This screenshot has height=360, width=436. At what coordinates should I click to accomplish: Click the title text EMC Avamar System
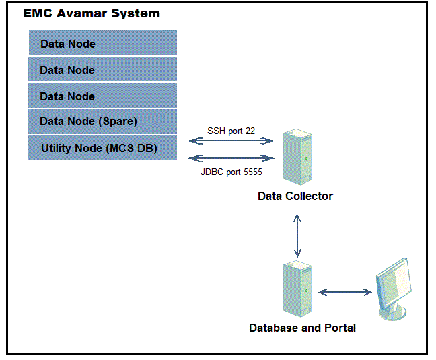tap(92, 13)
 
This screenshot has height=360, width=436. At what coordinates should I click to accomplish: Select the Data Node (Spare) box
tap(102, 122)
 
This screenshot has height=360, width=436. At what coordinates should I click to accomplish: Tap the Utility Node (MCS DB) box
tap(102, 148)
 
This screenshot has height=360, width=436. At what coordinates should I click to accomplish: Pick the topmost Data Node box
tap(102, 44)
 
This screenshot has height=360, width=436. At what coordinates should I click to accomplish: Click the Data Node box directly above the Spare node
tap(102, 96)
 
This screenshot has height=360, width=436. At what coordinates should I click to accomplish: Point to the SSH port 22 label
tap(231, 131)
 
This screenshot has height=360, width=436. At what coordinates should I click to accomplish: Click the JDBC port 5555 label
tap(231, 172)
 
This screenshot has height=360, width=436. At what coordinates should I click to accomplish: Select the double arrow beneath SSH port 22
tap(231, 141)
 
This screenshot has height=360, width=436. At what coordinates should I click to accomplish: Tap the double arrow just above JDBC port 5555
tap(231, 159)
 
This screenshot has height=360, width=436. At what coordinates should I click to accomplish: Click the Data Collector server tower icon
tap(296, 159)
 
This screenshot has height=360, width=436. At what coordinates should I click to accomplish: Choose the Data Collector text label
tap(295, 196)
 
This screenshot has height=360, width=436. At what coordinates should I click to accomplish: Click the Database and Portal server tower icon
tap(297, 291)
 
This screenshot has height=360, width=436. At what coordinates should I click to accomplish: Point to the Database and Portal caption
tap(302, 328)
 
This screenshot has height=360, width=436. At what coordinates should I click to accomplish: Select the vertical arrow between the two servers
tap(296, 236)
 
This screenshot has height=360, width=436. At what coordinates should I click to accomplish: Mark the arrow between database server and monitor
tap(345, 292)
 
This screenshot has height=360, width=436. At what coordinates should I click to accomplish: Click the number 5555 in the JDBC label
tap(251, 172)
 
